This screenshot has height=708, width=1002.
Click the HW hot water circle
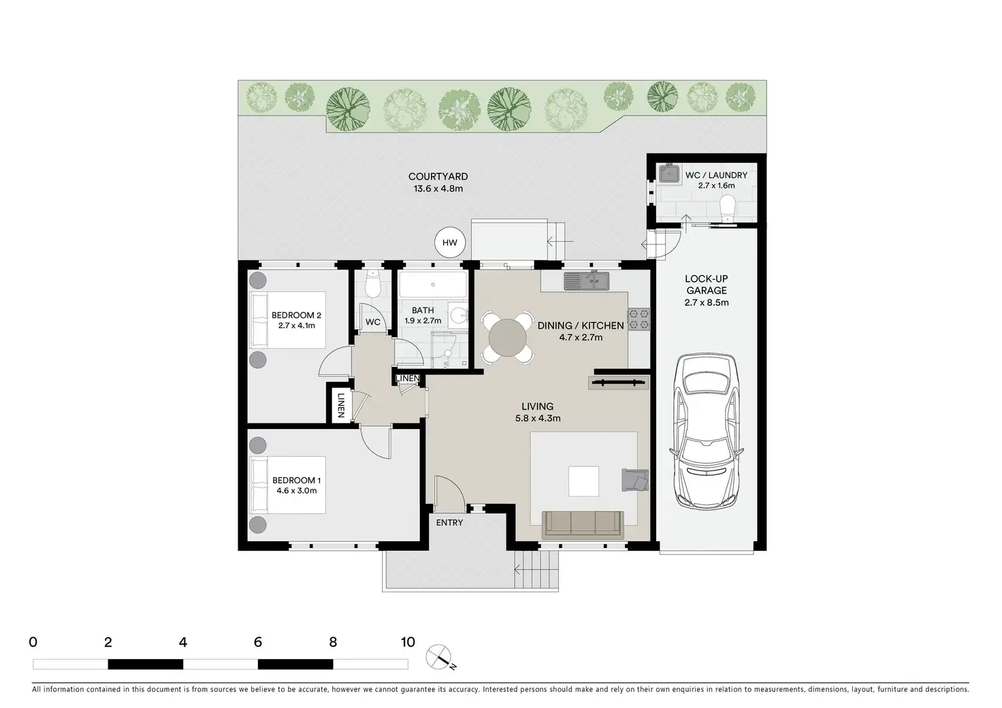pos(449,242)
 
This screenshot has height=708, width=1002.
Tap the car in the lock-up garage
pos(707,432)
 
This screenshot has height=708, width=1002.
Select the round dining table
pos(507,337)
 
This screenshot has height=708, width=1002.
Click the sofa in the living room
pos(583,525)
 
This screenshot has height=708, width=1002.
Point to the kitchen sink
pos(586,281)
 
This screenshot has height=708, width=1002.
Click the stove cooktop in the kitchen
pos(639,319)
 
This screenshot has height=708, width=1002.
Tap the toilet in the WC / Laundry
pos(728,208)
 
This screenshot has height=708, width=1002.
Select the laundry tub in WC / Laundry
pos(669,173)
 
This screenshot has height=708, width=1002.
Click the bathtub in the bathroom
pos(432,284)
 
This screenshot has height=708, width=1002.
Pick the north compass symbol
pos(440,658)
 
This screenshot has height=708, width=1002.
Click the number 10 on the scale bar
pos(408,642)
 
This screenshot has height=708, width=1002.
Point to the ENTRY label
pos(449,522)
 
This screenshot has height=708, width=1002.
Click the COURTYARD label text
pos(438,177)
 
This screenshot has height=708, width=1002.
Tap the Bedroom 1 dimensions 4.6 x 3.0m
pos(297,491)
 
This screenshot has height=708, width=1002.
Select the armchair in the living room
pos(634,480)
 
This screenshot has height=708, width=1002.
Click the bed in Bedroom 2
pos(287,320)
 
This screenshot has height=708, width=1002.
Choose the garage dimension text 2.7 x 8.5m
pos(707,302)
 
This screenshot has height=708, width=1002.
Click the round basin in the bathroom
pos(457,316)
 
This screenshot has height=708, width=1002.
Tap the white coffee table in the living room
pos(583,481)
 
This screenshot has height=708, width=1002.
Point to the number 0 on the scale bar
pos(33,642)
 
